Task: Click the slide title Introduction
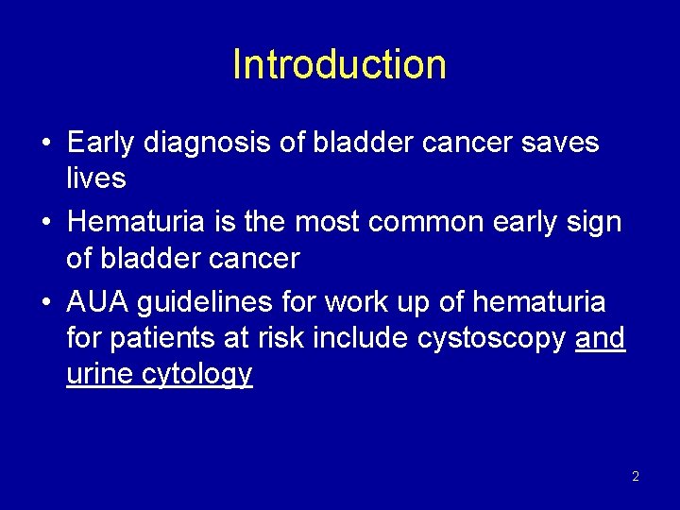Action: click(339, 65)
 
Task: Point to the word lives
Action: click(96, 178)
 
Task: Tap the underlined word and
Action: click(600, 337)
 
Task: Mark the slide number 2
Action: click(635, 476)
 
